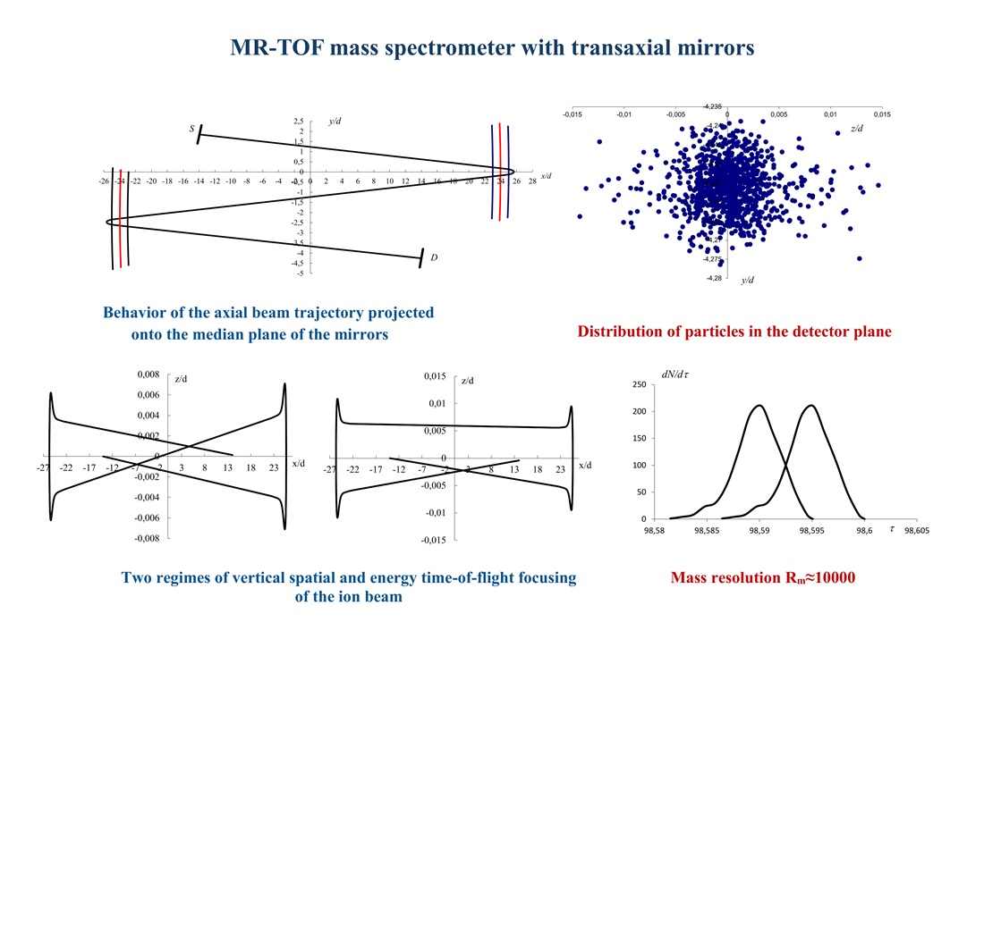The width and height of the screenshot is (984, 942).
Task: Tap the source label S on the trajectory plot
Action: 191,130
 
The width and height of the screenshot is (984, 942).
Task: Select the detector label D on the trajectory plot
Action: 434,258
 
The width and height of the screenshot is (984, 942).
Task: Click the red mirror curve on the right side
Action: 500,170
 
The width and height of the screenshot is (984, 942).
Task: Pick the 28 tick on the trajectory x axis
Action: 532,181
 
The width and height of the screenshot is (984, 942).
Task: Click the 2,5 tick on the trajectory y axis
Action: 298,121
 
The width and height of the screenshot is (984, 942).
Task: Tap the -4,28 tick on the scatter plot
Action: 713,278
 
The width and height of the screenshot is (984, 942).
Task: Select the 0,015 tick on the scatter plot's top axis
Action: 882,114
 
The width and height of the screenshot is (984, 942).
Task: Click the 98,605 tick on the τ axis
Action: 917,530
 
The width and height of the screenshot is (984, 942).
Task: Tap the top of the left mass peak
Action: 759,406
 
